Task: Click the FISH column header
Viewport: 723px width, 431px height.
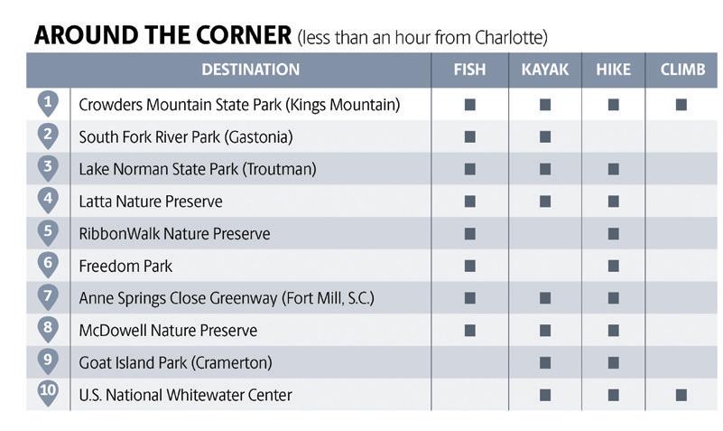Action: pyautogui.click(x=469, y=70)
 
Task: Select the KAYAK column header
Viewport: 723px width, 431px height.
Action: pyautogui.click(x=545, y=70)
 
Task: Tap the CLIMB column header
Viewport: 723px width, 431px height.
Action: pyautogui.click(x=682, y=70)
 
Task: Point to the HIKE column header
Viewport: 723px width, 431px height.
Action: pyautogui.click(x=613, y=70)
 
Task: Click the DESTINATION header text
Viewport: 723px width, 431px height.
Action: pyautogui.click(x=251, y=70)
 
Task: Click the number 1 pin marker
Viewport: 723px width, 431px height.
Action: pyautogui.click(x=48, y=104)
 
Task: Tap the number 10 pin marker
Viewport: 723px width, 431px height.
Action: pyautogui.click(x=48, y=394)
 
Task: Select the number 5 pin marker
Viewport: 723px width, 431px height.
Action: pyautogui.click(x=48, y=232)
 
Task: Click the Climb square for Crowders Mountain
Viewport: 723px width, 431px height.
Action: pyautogui.click(x=681, y=105)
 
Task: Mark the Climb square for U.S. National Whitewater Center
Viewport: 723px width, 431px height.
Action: pyautogui.click(x=681, y=395)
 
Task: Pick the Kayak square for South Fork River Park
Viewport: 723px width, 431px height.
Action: pyautogui.click(x=545, y=137)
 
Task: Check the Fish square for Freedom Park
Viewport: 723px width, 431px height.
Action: pyautogui.click(x=470, y=266)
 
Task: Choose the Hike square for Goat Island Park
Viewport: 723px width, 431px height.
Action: pyautogui.click(x=613, y=362)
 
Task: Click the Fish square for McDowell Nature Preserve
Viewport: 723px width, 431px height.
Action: pyautogui.click(x=470, y=331)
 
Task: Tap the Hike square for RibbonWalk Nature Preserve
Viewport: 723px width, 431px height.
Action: pyautogui.click(x=613, y=233)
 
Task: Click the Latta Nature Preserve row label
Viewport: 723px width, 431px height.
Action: pyautogui.click(x=151, y=201)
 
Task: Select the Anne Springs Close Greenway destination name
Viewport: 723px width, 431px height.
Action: pyautogui.click(x=227, y=298)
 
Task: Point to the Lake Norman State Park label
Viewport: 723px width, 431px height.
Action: pyautogui.click(x=198, y=169)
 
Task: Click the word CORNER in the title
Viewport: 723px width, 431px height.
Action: pyautogui.click(x=244, y=35)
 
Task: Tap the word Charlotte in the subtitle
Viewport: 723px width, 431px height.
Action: pyautogui.click(x=508, y=37)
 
